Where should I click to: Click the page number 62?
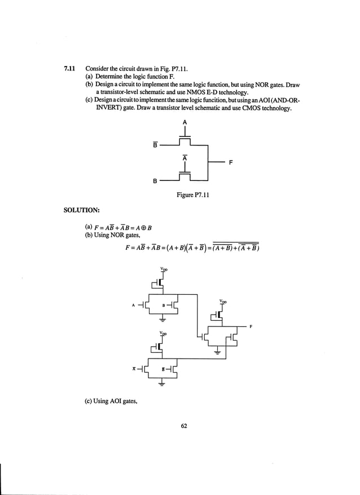[x=184, y=426]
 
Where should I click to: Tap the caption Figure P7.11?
[x=194, y=193]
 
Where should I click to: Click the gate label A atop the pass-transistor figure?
[x=185, y=122]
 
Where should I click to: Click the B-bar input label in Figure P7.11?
[x=155, y=144]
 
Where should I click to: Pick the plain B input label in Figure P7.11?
[x=155, y=182]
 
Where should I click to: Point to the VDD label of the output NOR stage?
[x=223, y=302]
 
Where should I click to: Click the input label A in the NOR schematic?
[x=134, y=306]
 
